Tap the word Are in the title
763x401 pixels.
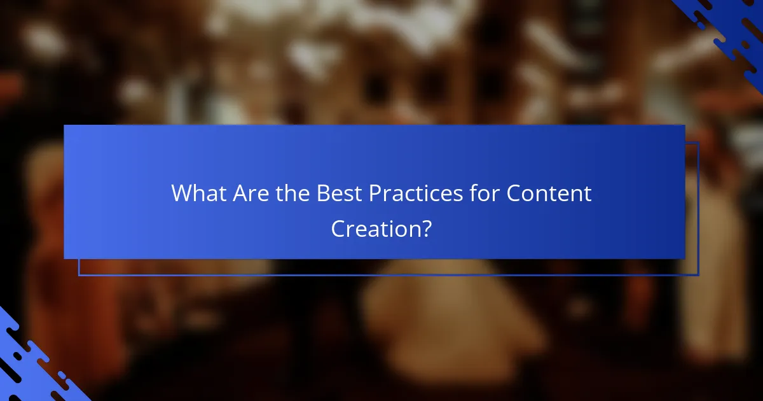click(x=251, y=193)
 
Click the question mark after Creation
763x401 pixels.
click(x=425, y=229)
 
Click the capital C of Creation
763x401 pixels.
click(x=339, y=229)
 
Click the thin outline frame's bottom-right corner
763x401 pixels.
click(x=698, y=275)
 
